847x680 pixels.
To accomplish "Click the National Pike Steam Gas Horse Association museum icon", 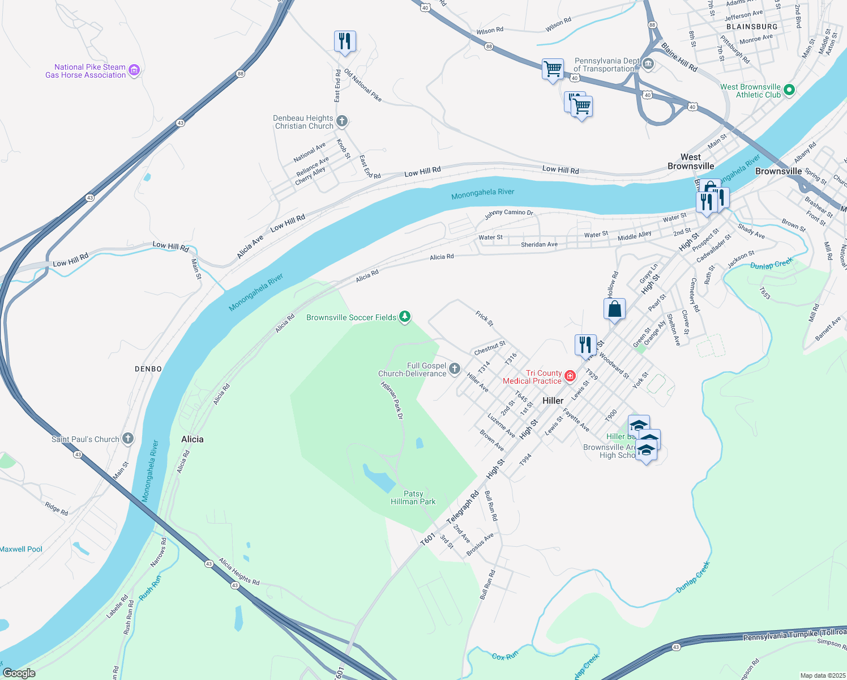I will click(134, 70).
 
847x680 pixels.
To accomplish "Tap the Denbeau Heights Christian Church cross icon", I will click(341, 121).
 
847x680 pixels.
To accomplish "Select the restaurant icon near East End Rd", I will click(345, 41).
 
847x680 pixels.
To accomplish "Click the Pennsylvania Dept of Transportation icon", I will click(648, 64).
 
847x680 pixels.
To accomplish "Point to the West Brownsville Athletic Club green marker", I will click(789, 90).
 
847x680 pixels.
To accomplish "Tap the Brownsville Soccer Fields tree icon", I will click(405, 317).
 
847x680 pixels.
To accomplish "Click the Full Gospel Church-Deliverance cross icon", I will click(455, 369).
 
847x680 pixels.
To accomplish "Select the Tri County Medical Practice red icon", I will click(570, 376).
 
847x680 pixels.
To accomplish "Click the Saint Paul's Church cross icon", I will click(128, 439).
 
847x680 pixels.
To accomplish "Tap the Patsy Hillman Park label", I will click(413, 498).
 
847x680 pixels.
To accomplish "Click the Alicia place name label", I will click(192, 439).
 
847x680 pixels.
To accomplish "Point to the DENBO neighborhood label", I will click(148, 369).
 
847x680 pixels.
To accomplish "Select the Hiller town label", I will click(553, 401).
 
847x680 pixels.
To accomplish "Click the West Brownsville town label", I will click(690, 161).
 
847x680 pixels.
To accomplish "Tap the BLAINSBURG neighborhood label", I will click(752, 27).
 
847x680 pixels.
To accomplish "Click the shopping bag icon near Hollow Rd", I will click(614, 309).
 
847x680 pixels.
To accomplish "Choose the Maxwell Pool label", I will click(21, 549).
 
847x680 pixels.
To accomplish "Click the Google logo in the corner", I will click(19, 673).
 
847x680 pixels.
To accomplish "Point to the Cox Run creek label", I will click(504, 656).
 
